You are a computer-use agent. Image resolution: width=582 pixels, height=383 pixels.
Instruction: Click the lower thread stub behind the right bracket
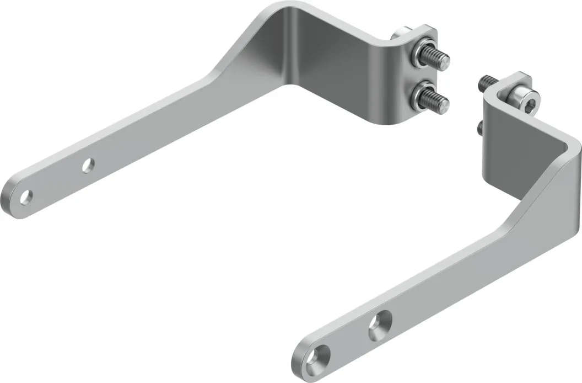coord(479,128)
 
